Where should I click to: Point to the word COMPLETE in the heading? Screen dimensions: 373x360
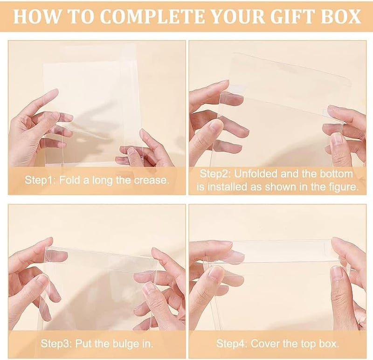[x=152, y=16]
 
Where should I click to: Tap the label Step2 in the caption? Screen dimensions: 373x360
[x=215, y=173]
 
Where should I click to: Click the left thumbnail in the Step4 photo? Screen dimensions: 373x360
[x=215, y=272]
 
